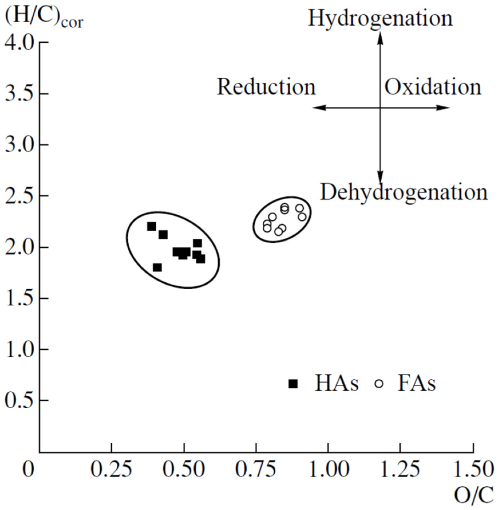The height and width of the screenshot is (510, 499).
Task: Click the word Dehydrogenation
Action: (x=404, y=192)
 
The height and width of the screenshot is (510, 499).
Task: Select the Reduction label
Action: (x=266, y=87)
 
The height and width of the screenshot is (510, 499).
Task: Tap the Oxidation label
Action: (x=433, y=87)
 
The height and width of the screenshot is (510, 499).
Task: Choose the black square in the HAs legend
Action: (x=293, y=384)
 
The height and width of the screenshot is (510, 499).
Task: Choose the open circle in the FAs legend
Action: (x=379, y=384)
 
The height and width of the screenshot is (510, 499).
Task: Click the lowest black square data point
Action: (x=157, y=268)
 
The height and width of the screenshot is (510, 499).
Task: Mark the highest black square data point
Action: (x=151, y=227)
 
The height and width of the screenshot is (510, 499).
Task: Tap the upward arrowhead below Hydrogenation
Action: (x=380, y=37)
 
